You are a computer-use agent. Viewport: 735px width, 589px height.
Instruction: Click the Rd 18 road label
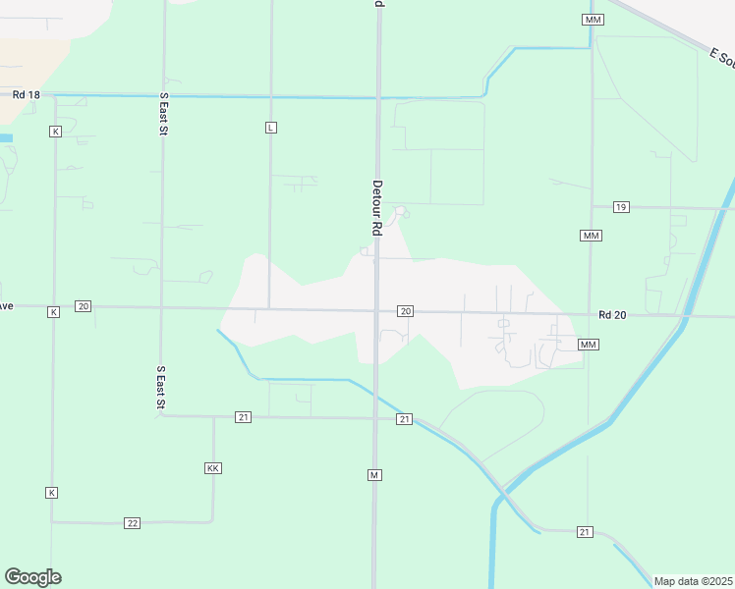point(27,94)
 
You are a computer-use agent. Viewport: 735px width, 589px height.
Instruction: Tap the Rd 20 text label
point(612,315)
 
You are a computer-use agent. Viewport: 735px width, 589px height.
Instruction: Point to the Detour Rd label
point(376,206)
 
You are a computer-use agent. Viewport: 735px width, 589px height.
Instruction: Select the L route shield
point(271,128)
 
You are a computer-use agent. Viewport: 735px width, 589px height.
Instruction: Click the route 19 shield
point(620,207)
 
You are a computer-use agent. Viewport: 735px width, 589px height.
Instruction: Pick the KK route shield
point(212,468)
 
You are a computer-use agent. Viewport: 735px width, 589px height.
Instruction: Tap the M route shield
point(374,475)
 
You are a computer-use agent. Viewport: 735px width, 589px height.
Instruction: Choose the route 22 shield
point(133,522)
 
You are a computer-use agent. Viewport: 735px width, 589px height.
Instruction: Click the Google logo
point(32,577)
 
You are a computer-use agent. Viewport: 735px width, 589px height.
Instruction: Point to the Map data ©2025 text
point(693,581)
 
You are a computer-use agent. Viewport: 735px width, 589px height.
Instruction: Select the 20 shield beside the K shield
point(83,306)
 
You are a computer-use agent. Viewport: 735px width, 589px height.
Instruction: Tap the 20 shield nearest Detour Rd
point(405,311)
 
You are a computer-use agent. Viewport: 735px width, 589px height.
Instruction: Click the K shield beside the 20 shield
point(54,311)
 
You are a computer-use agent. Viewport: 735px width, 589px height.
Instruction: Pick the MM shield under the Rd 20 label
point(588,345)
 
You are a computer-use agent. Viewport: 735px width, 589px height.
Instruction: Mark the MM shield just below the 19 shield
point(591,236)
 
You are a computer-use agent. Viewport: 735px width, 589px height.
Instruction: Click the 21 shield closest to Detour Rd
point(404,419)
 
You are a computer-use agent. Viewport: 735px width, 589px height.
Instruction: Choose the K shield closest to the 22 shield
point(52,492)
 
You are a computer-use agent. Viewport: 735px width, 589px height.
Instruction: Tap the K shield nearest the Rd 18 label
point(55,131)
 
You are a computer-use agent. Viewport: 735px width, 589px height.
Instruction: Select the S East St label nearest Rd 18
point(163,115)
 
